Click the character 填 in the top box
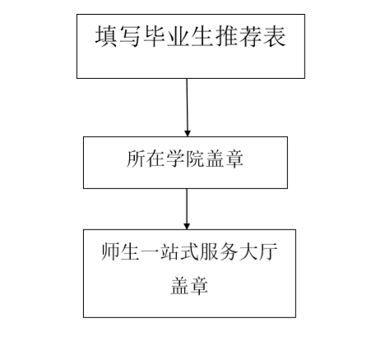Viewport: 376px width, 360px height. (106, 36)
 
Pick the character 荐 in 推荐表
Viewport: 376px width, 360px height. (251, 36)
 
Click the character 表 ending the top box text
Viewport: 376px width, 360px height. (275, 36)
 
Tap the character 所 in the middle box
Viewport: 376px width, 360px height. (136, 159)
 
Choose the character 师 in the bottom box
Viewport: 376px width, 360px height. (110, 252)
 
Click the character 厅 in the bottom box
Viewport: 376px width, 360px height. (268, 252)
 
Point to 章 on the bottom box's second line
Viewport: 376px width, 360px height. (199, 285)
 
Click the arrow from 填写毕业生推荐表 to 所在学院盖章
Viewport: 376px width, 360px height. (188, 108)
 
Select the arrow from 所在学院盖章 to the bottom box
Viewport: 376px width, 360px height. (187, 209)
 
